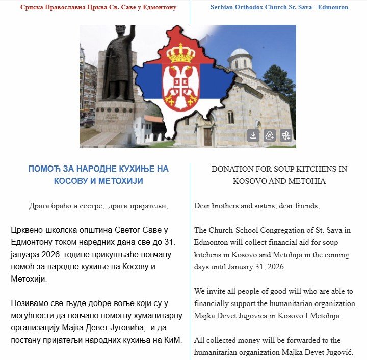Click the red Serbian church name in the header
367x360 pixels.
98,8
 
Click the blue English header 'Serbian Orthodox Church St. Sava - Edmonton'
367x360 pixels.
279,8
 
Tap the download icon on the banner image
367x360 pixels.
253,135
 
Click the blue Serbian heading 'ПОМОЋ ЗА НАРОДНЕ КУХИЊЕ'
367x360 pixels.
98,169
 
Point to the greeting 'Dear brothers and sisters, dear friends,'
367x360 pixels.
257,206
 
